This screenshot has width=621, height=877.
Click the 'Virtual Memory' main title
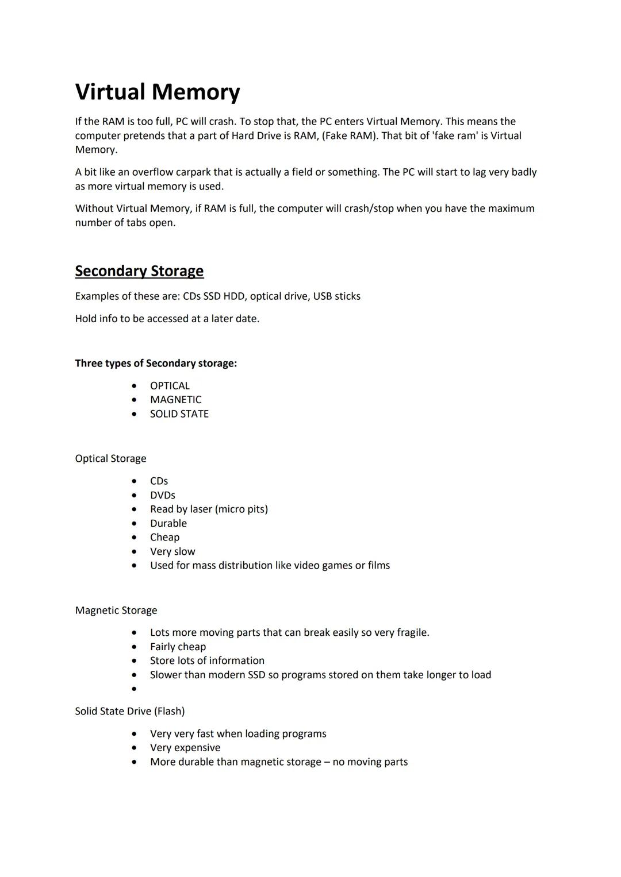[x=158, y=92]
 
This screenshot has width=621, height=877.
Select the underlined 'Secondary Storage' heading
[x=139, y=271]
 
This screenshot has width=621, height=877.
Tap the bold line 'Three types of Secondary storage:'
[x=156, y=364]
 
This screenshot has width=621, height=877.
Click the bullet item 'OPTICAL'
[x=170, y=386]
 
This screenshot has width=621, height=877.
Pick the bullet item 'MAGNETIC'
[x=175, y=400]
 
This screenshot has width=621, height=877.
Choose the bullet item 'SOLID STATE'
[x=179, y=414]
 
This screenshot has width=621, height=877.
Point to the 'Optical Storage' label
[x=110, y=459]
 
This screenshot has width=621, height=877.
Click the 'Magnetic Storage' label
[x=116, y=611]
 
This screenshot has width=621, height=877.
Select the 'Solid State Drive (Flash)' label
[x=129, y=712]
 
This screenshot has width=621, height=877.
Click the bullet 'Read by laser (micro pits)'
[x=209, y=509]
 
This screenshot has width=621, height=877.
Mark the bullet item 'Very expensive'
[x=185, y=748]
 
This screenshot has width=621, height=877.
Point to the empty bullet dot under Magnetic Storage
[x=134, y=689]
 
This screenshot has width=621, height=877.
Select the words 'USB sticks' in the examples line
[x=336, y=296]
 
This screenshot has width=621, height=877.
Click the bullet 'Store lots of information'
[x=207, y=661]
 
